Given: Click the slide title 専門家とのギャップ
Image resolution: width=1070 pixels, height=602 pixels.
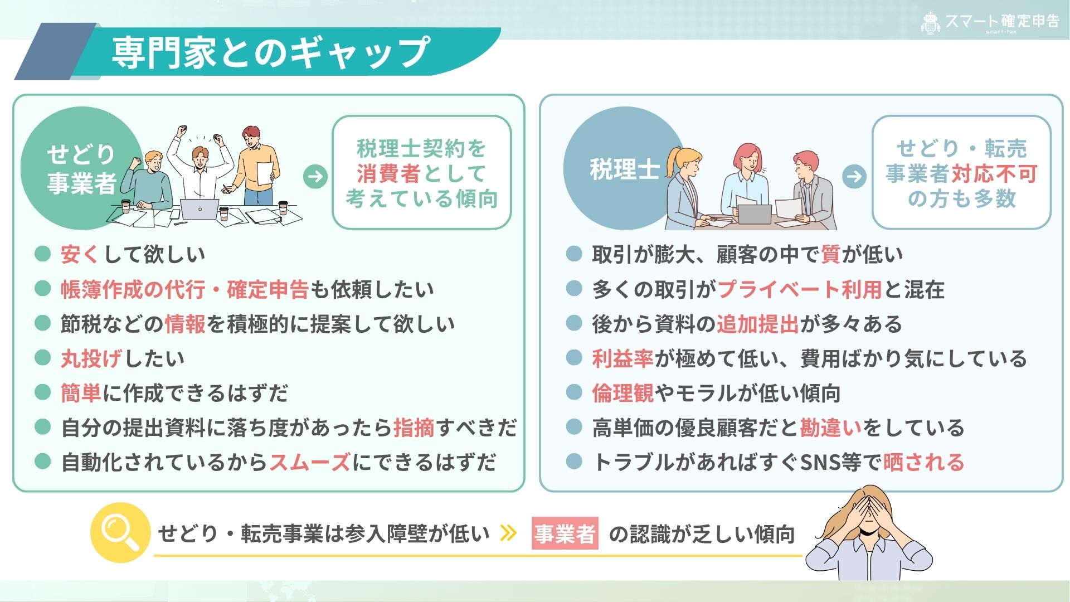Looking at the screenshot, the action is pos(271,52).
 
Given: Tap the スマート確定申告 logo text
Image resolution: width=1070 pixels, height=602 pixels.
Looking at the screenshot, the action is pos(1002,21).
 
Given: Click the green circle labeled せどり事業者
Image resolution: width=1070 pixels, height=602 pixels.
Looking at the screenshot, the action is pos(81,168).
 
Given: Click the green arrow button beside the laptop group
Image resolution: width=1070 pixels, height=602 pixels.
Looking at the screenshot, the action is pos(315,177).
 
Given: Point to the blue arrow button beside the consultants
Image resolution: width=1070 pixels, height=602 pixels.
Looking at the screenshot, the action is pos(854,177).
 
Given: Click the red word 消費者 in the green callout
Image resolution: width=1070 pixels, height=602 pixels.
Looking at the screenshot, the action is pos(388,173).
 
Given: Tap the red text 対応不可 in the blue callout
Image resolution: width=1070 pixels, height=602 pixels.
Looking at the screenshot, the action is pos(994,173).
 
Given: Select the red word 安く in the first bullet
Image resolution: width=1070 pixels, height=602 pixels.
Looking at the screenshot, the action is pos(80,254).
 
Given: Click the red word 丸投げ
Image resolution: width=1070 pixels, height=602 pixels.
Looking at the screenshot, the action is pos(91,358).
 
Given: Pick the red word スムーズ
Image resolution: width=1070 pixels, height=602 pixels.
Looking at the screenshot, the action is pos(310,462).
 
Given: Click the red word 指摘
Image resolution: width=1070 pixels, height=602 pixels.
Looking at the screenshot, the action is pos(414,428).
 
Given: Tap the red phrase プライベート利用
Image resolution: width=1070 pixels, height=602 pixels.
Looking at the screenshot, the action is pos(800,289).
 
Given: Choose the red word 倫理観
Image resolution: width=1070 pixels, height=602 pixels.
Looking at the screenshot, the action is pos(623,393).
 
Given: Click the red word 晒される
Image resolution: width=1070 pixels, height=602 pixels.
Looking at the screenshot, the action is pos(923,462).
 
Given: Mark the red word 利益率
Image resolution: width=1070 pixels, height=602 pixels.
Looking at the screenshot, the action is pos(623,358).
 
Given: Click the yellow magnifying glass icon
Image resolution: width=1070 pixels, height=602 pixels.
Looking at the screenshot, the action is pos(120,532).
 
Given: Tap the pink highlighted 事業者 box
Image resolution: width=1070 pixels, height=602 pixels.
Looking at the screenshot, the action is pos(565,534).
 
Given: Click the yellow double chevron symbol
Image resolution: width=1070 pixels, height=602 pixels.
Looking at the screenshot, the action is pos(508,533).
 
